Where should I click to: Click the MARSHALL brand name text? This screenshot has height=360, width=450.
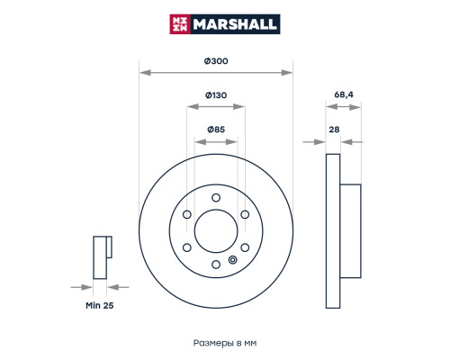click(x=235, y=24)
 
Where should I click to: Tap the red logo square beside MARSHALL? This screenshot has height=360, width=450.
click(x=180, y=24)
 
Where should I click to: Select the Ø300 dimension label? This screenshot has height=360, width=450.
click(x=216, y=61)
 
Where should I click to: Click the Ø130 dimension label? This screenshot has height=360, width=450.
click(x=216, y=95)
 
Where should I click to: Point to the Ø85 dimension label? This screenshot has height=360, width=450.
click(x=216, y=130)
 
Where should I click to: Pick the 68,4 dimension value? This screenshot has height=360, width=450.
click(x=344, y=94)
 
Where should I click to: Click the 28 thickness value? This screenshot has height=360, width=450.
click(x=334, y=130)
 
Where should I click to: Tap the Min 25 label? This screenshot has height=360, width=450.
click(x=100, y=305)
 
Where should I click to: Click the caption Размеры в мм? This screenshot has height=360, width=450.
click(x=225, y=343)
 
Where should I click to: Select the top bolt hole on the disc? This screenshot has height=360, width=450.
click(x=216, y=198)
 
